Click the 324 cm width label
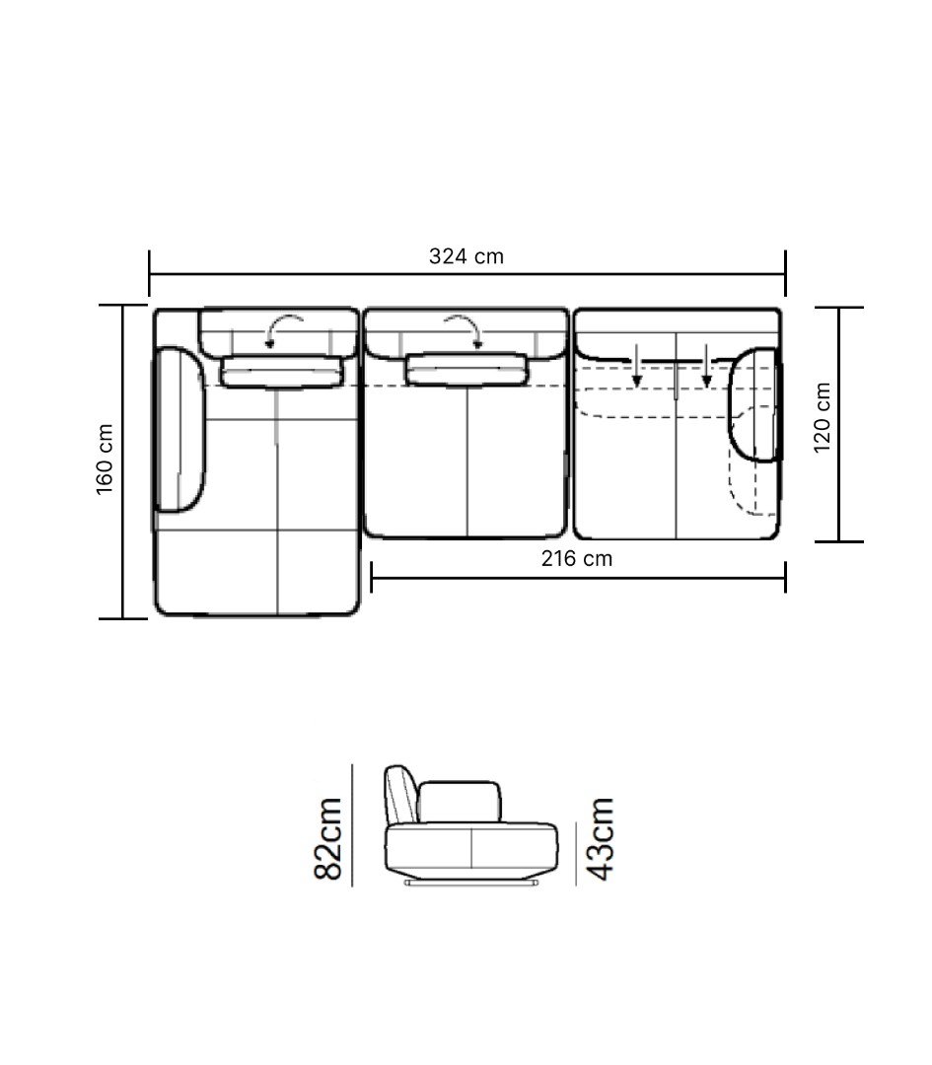click(466, 256)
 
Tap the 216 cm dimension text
click(577, 558)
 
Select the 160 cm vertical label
click(105, 460)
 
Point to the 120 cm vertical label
click(822, 417)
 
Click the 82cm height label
click(328, 839)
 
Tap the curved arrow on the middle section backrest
click(464, 330)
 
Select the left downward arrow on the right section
click(636, 366)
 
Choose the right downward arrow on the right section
click(706, 366)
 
